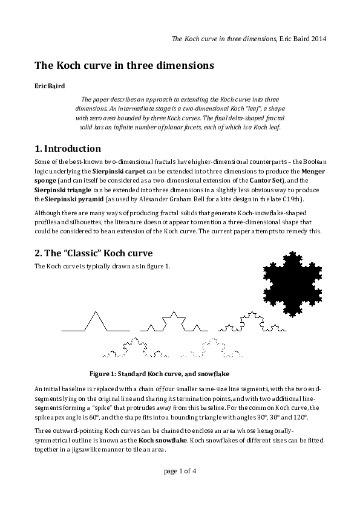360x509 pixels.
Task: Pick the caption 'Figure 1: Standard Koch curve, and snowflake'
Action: pos(159,374)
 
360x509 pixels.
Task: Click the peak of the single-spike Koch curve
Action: pos(95,312)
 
